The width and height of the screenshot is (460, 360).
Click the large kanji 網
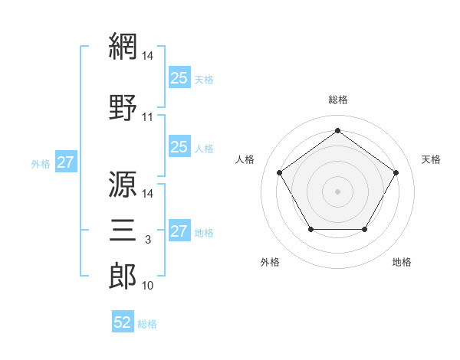(123, 46)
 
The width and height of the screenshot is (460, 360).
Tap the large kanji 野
(123, 107)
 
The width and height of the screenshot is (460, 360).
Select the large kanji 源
(123, 184)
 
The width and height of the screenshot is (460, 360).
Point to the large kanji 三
(123, 230)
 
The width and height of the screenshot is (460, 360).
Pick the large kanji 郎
(123, 276)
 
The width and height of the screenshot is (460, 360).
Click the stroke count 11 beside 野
(147, 117)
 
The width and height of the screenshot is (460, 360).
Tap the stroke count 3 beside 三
(148, 240)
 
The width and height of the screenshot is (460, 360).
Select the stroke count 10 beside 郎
(147, 286)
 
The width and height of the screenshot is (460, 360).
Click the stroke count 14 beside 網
(147, 56)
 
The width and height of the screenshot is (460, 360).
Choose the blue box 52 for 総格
(123, 321)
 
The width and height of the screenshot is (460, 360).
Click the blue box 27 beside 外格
(66, 162)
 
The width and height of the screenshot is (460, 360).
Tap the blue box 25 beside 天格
(179, 77)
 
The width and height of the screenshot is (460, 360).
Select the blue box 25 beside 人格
(179, 146)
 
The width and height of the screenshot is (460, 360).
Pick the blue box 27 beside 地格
(179, 230)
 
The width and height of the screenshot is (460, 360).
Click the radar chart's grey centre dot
(337, 191)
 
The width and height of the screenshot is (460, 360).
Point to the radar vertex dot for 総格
(337, 130)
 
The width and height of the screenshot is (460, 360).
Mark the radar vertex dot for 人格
(280, 172)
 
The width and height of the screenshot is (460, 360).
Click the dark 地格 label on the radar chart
(402, 262)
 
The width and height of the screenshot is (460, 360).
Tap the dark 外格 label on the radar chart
(270, 262)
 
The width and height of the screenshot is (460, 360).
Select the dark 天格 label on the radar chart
(431, 159)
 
